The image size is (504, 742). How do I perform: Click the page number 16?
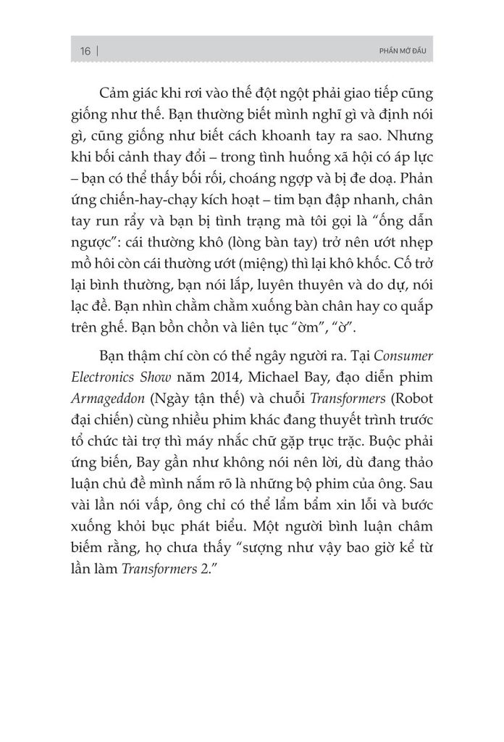pyautogui.click(x=85, y=51)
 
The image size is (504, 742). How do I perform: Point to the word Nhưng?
pyautogui.click(x=395, y=138)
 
